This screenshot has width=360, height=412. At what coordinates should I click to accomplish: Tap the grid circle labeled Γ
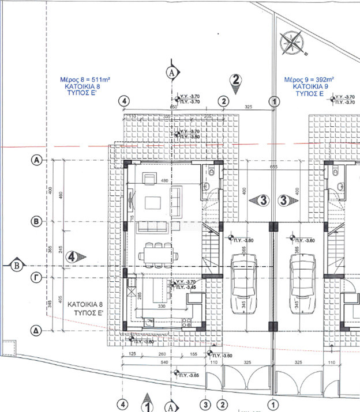click(x=36, y=278)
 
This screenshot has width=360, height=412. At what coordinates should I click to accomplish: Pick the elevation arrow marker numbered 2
click(x=235, y=81)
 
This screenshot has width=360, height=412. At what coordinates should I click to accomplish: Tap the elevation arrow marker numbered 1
click(x=147, y=405)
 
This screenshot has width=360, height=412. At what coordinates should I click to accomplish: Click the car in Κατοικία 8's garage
click(x=243, y=283)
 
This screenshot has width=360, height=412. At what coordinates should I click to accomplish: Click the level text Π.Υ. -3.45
click(x=186, y=287)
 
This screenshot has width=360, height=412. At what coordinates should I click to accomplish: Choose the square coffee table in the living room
click(x=153, y=202)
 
